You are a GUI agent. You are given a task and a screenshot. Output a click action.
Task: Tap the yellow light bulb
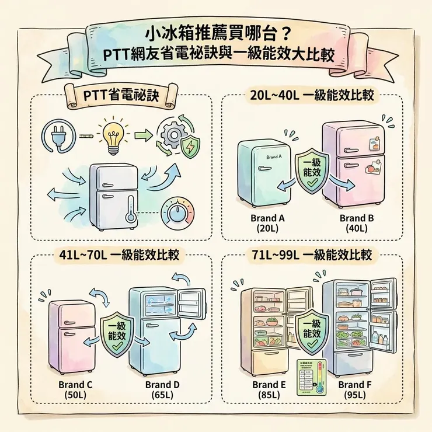111,134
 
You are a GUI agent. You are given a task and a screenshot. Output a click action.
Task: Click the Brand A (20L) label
266,224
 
